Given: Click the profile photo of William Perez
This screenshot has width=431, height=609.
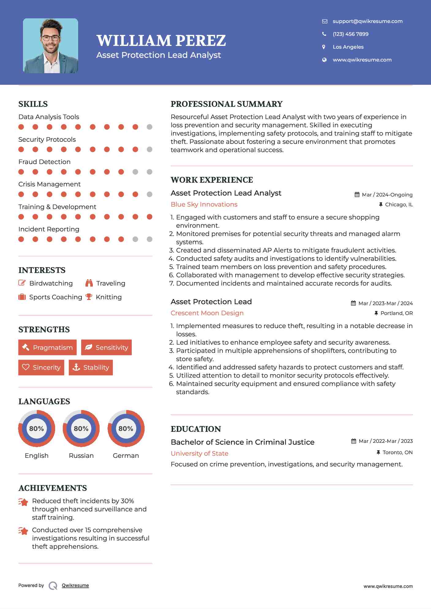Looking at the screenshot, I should pyautogui.click(x=51, y=46).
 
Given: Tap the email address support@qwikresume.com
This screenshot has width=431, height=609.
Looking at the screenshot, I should pyautogui.click(x=367, y=21).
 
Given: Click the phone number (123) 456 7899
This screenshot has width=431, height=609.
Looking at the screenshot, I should pyautogui.click(x=350, y=34).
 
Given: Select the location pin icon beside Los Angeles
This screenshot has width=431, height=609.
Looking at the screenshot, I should pyautogui.click(x=324, y=47).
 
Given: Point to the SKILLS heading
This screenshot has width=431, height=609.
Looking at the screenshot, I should pyautogui.click(x=33, y=104).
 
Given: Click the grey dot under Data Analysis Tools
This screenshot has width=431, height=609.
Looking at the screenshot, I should pyautogui.click(x=149, y=127).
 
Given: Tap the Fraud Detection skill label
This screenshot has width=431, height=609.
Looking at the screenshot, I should pyautogui.click(x=44, y=162).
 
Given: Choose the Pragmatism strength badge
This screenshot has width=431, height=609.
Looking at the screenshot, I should pyautogui.click(x=47, y=347).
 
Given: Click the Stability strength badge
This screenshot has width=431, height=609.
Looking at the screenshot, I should pyautogui.click(x=91, y=367).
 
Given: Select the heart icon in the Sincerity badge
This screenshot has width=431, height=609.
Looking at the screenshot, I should pyautogui.click(x=26, y=367).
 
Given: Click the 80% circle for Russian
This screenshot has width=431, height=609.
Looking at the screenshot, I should pyautogui.click(x=81, y=428).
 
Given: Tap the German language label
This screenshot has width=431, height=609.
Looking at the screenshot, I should pyautogui.click(x=126, y=455).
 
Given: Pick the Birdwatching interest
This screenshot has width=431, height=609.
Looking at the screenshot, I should pyautogui.click(x=51, y=283).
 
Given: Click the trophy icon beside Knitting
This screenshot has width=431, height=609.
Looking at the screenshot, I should pyautogui.click(x=89, y=297).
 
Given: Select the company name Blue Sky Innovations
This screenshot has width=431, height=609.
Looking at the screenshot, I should pyautogui.click(x=204, y=204).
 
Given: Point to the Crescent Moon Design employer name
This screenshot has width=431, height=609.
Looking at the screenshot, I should pyautogui.click(x=207, y=313).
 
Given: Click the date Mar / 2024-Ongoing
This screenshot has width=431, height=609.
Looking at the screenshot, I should pyautogui.click(x=387, y=195).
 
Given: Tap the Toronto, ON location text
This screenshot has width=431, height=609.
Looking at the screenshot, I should pyautogui.click(x=397, y=452).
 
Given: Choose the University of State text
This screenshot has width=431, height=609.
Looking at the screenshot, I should pyautogui.click(x=199, y=454).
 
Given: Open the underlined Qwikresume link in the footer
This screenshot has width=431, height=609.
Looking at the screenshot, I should pyautogui.click(x=75, y=585).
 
